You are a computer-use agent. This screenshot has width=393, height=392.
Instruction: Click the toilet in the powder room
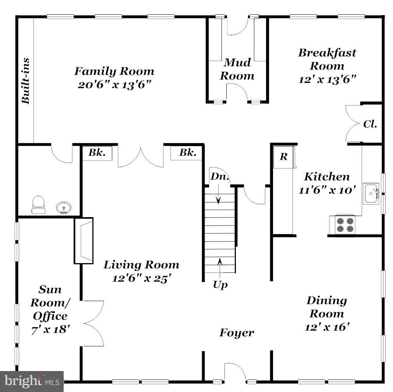click(x=39, y=205)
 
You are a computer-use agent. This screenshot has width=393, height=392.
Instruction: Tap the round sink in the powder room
click(x=64, y=208)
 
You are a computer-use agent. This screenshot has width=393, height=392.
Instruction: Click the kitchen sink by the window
click(x=371, y=194)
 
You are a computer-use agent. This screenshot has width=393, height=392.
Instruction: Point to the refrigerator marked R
click(x=283, y=157)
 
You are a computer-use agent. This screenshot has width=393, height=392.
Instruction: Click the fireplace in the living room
click(x=84, y=240)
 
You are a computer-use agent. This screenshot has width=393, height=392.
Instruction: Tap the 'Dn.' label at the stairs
click(x=220, y=176)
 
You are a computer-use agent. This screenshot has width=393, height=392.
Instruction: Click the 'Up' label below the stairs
click(x=220, y=285)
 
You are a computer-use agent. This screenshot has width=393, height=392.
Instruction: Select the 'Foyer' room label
click(x=237, y=333)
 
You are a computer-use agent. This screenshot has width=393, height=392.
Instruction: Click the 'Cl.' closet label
click(x=370, y=124)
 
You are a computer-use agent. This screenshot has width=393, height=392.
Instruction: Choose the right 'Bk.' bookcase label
click(x=187, y=153)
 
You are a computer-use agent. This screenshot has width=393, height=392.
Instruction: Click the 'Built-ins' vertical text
click(x=25, y=81)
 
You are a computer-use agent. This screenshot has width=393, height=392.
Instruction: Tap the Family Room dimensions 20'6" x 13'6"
click(x=114, y=85)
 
